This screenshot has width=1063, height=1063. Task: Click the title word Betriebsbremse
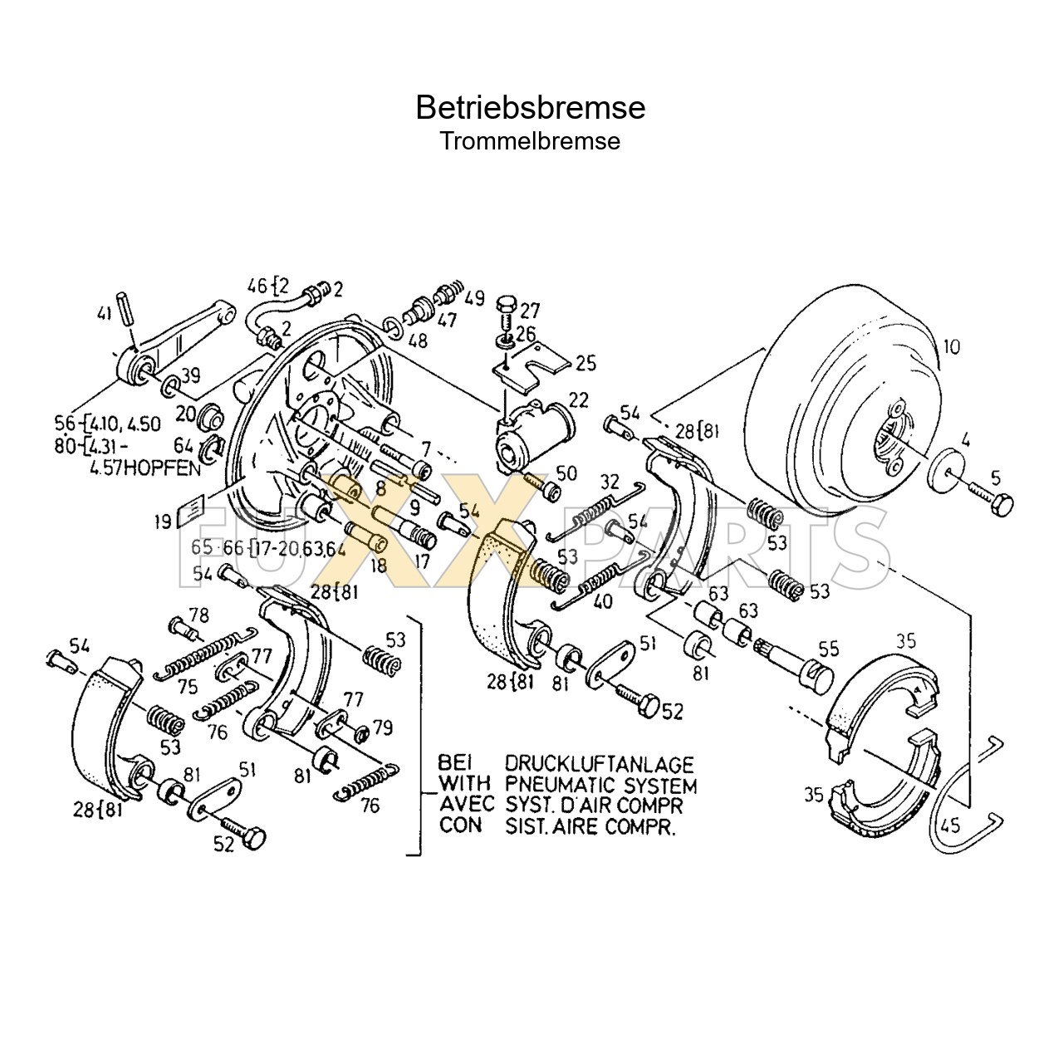530,108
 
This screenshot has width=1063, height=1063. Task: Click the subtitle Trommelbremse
530,141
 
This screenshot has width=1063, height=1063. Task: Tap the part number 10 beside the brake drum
951,346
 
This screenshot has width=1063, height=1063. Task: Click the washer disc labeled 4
948,467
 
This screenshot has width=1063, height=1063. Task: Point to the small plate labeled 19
192,512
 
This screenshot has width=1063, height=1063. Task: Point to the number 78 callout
198,615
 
